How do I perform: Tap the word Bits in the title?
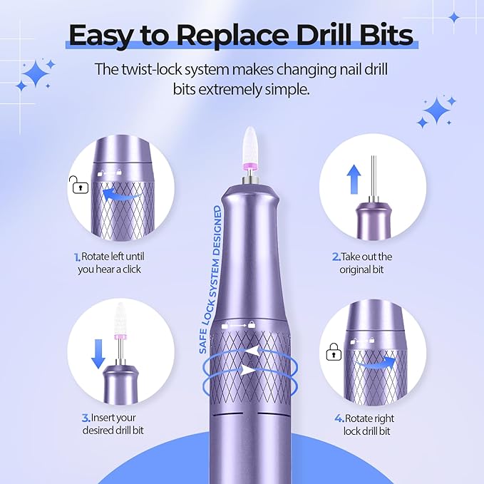point(389,34)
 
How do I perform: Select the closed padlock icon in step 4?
point(332,352)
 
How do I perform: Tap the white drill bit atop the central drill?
point(249,141)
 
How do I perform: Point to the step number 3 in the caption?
point(85,418)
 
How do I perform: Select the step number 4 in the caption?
point(339,418)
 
